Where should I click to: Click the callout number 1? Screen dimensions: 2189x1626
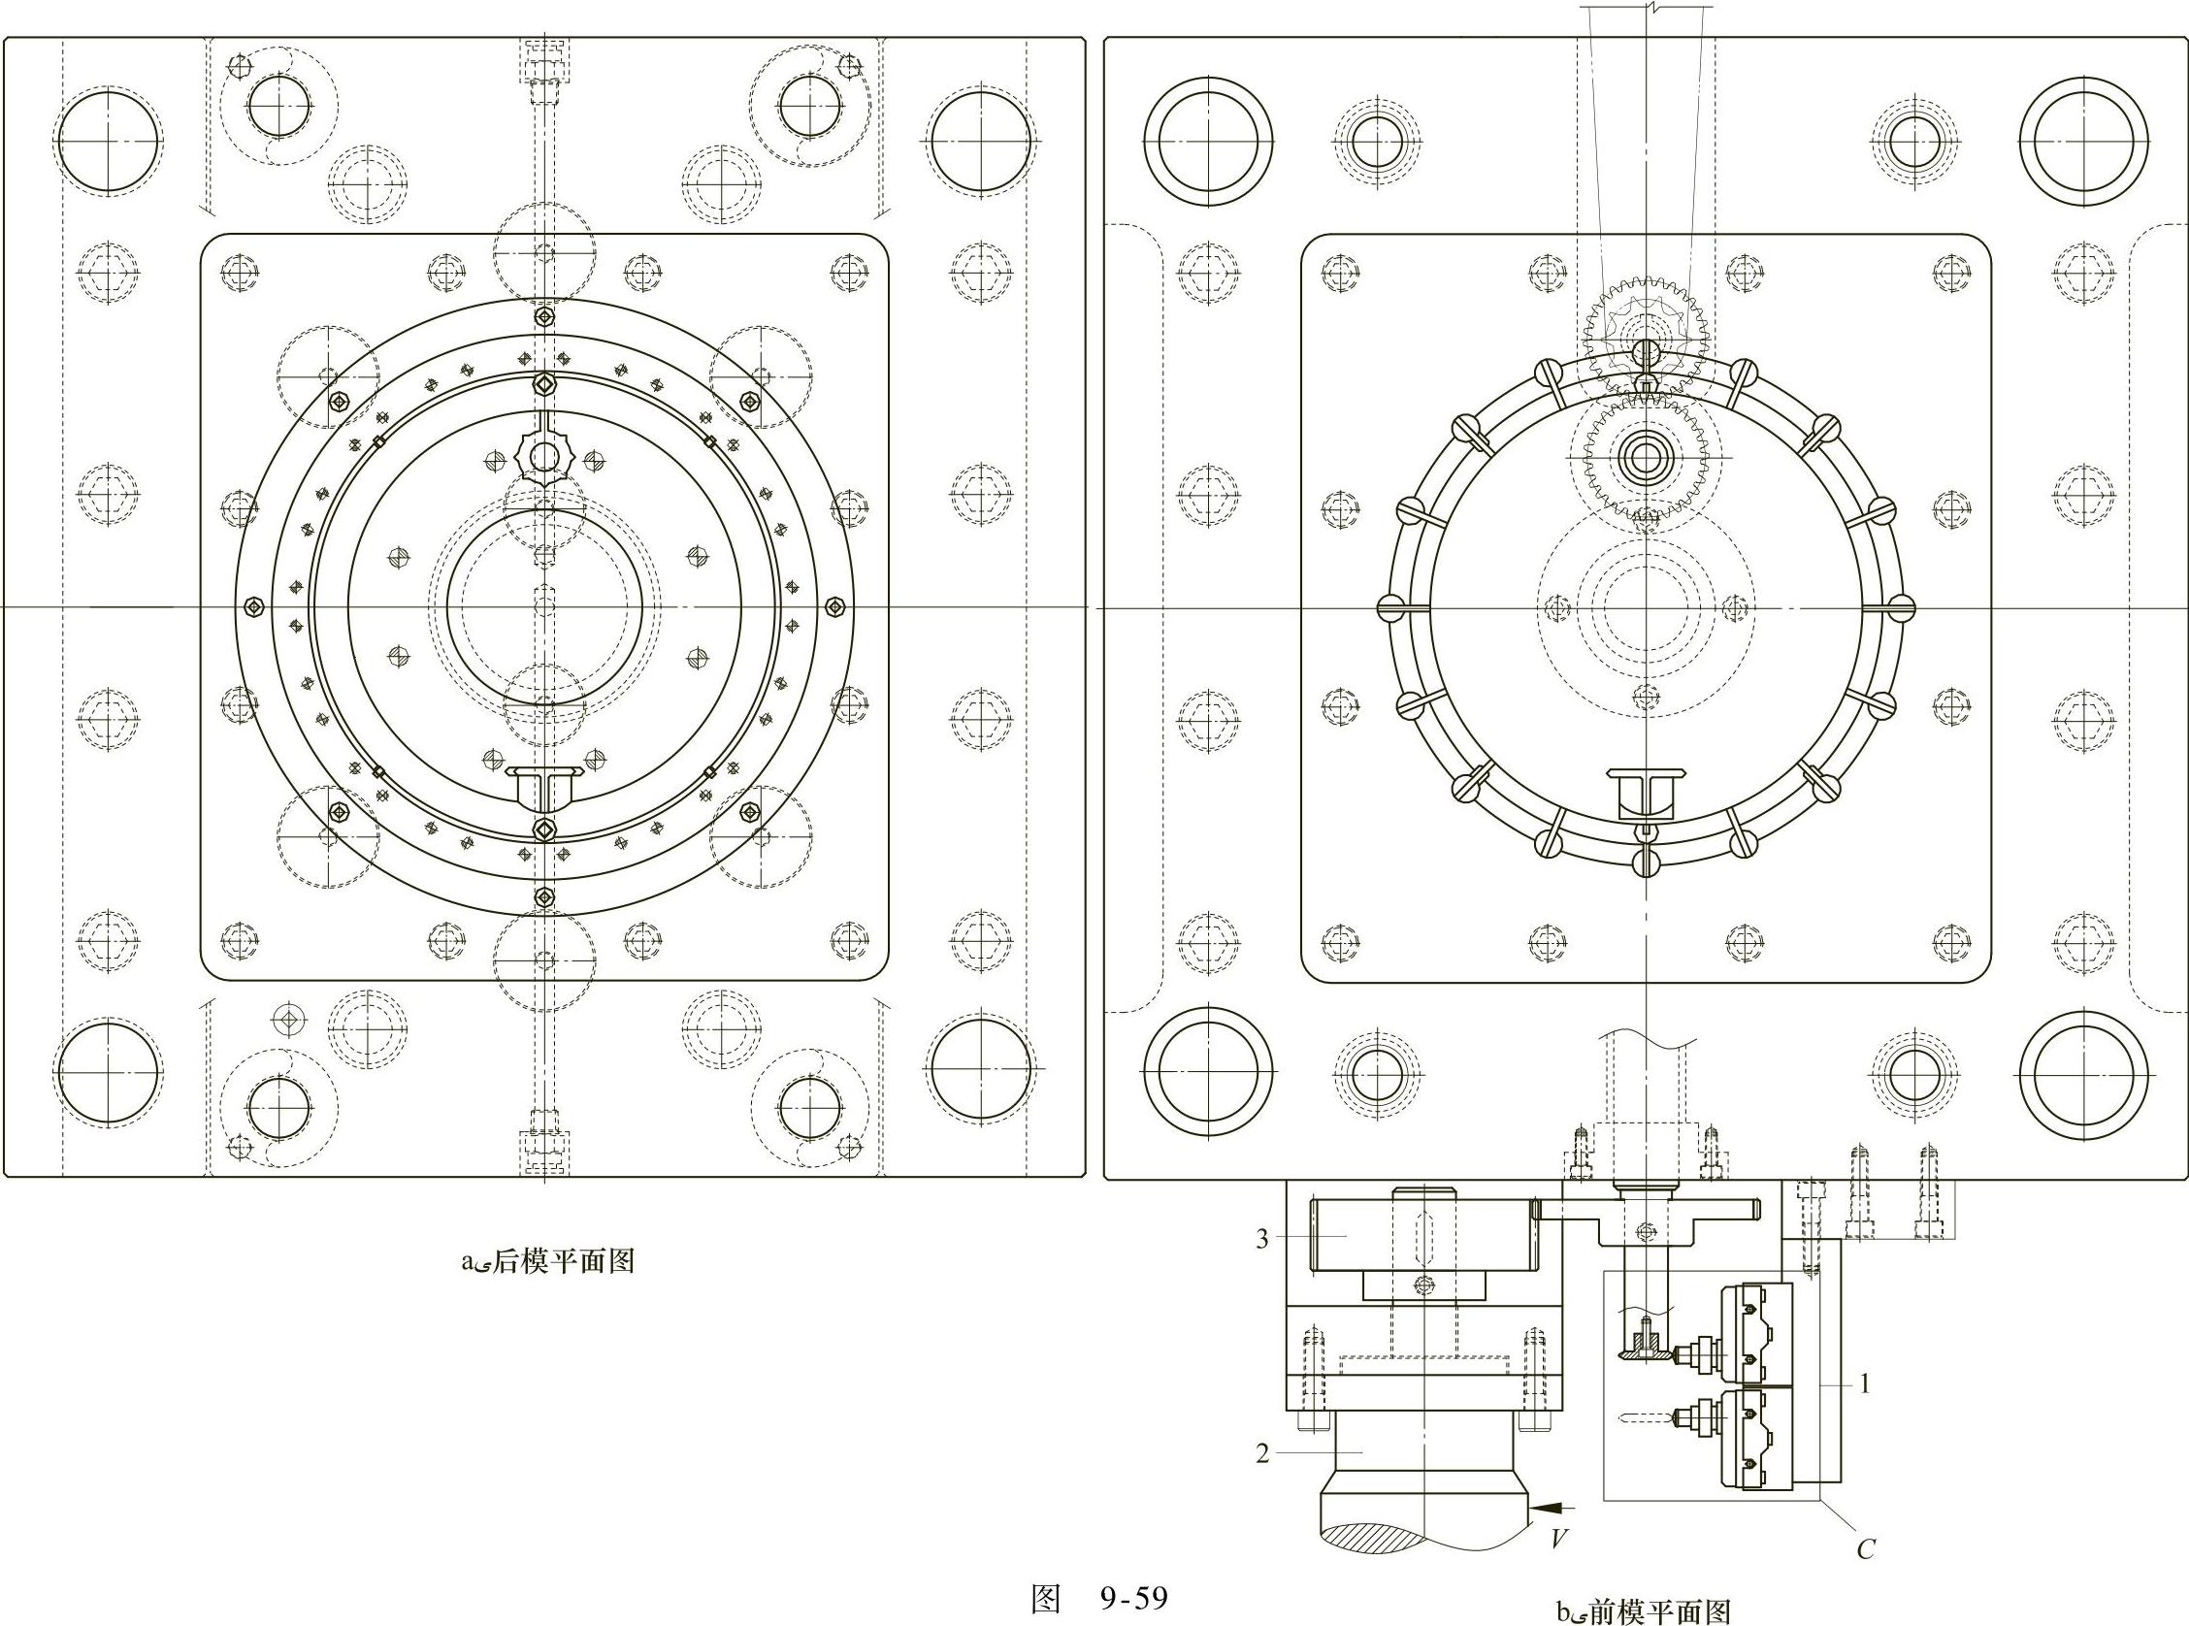1864,1384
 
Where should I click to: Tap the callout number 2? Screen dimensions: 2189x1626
1262,1453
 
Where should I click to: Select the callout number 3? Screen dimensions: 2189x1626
1262,1239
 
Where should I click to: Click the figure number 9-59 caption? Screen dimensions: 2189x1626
1099,1598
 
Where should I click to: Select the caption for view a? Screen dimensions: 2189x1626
548,1262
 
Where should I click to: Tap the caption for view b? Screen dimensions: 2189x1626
1643,1611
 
